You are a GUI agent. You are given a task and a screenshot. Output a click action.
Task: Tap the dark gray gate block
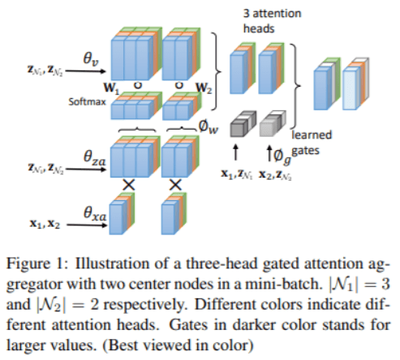click(239, 124)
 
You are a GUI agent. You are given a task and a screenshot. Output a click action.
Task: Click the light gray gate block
click(271, 124)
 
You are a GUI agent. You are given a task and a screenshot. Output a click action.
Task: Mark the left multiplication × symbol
click(127, 186)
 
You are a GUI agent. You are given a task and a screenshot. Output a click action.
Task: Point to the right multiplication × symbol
click(174, 186)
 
